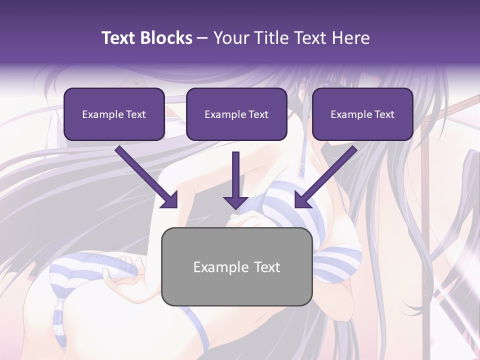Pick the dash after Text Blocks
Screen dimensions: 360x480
tap(202, 38)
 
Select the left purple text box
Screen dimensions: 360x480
tap(114, 114)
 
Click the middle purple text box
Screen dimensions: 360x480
tap(236, 114)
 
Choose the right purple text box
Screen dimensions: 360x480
tap(362, 114)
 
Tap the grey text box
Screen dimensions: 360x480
tap(237, 266)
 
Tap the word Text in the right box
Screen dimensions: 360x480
tap(384, 114)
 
